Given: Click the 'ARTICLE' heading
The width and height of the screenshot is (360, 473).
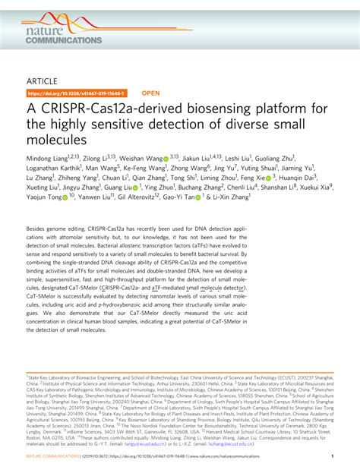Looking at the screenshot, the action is (x=44, y=80).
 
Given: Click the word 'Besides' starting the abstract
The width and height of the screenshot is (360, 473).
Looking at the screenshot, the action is (x=39, y=249).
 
